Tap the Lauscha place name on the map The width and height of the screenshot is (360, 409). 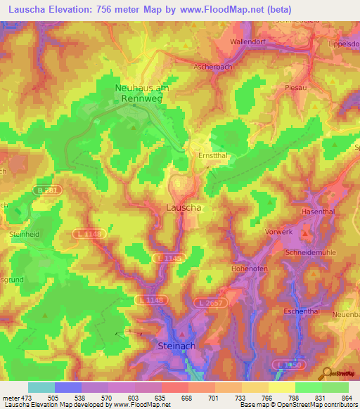pyautogui.click(x=184, y=208)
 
